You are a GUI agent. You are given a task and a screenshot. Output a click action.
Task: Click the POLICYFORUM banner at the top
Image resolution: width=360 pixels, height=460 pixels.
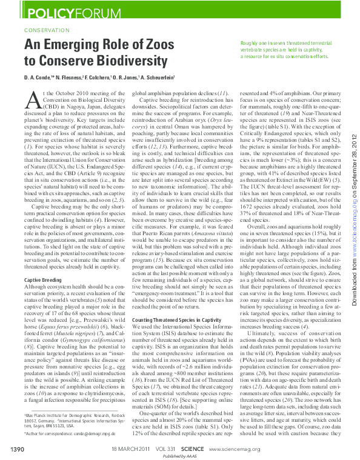tap(61, 12)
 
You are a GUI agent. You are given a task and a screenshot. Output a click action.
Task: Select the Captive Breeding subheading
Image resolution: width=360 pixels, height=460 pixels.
tap(41, 280)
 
